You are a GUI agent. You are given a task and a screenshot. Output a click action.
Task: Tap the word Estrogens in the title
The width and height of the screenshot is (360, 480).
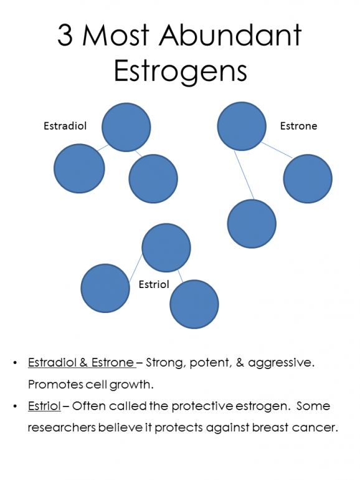(x=180, y=71)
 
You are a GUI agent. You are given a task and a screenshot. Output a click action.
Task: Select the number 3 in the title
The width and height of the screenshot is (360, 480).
(x=65, y=36)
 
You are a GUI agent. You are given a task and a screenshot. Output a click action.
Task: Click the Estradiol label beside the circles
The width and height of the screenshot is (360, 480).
(x=65, y=126)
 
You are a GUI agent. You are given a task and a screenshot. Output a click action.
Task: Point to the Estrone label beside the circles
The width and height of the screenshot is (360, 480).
(x=298, y=126)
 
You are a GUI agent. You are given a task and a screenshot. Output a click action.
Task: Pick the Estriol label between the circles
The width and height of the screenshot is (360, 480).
(x=153, y=284)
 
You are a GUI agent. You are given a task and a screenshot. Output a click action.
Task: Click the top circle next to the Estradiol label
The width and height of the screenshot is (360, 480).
(x=126, y=127)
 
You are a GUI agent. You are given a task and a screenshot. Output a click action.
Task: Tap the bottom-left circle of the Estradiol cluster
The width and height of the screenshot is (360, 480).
(x=78, y=168)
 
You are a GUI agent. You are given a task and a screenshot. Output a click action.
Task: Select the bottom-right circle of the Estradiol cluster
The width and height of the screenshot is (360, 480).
(x=153, y=178)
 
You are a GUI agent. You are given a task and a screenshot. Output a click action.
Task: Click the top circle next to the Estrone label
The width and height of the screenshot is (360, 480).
(x=242, y=126)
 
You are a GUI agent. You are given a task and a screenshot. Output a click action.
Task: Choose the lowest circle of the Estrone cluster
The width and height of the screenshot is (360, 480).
(x=252, y=224)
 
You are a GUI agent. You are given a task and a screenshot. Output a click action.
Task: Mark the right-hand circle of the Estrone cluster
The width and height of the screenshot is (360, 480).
(x=308, y=179)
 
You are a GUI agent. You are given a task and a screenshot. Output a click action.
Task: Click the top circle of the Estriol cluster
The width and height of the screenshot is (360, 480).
(x=166, y=248)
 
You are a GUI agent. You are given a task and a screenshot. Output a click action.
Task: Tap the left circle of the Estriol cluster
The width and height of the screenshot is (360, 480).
(x=105, y=288)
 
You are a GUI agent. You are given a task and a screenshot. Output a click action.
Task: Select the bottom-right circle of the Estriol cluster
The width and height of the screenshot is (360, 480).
(x=194, y=304)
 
